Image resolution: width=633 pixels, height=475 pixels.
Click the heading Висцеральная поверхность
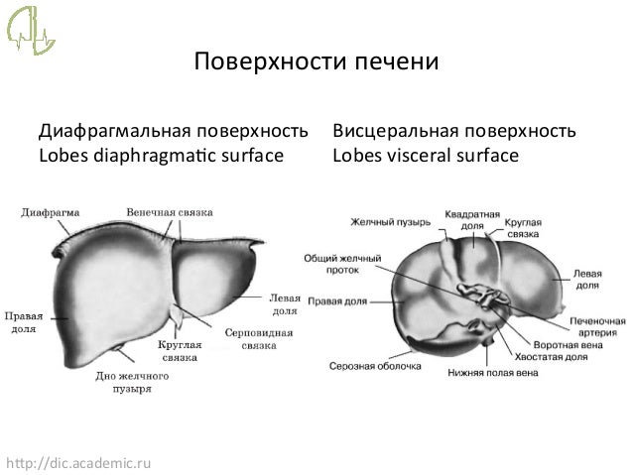(454, 132)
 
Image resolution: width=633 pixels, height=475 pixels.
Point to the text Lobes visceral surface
(426, 155)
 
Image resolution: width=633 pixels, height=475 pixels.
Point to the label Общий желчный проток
(341, 263)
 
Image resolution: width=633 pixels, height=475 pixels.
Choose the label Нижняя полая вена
(493, 373)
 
